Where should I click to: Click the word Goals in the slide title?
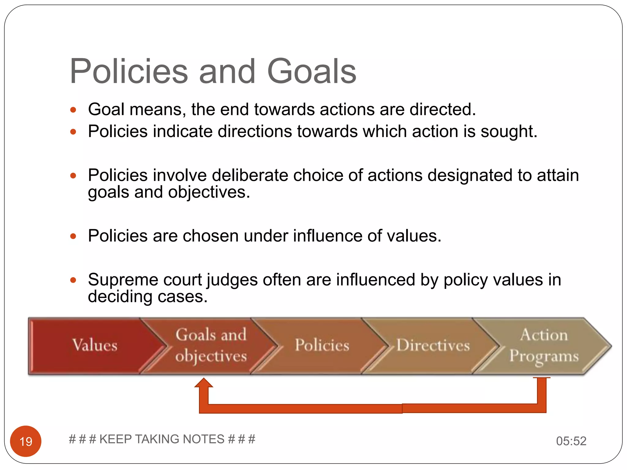312,72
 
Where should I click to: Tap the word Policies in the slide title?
129,72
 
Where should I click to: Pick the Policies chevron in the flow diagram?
322,346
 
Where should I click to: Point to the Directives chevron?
433,346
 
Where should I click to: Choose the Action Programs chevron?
544,346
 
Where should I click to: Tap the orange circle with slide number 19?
26,441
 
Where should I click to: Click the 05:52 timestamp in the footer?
571,441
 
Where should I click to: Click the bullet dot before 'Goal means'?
73,110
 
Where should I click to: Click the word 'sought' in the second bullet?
508,132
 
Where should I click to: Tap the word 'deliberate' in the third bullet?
250,175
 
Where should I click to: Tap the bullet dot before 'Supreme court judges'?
73,280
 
